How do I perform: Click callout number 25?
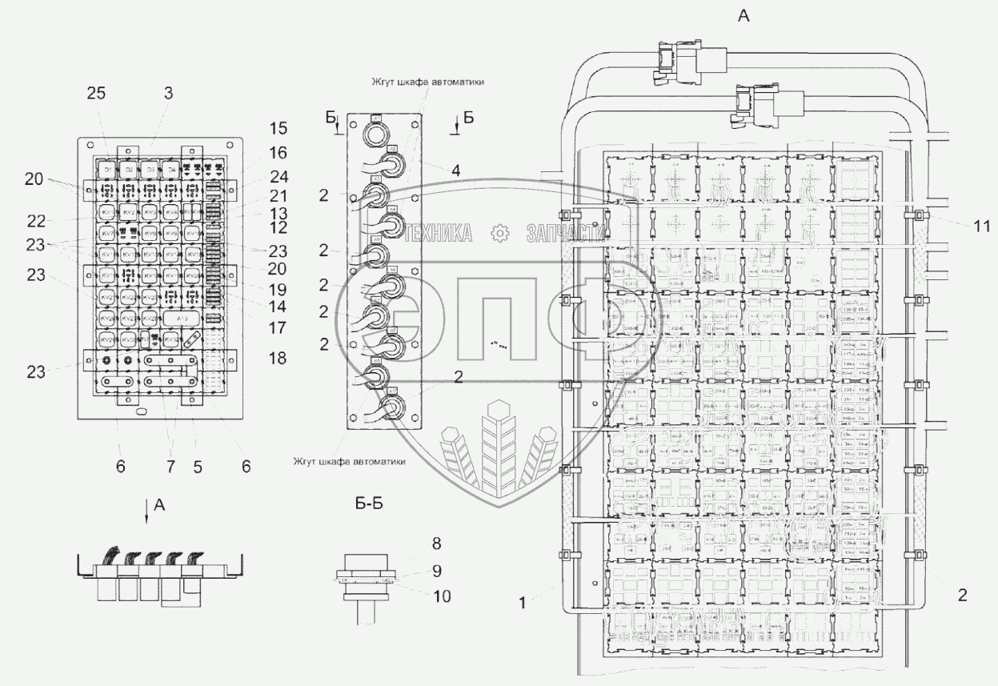click(96, 94)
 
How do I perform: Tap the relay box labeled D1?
click(108, 170)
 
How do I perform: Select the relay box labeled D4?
click(170, 170)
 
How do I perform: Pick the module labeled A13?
click(183, 318)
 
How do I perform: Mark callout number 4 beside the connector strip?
click(455, 170)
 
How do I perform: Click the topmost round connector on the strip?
click(376, 133)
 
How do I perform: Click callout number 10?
click(441, 596)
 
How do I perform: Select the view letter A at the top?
click(743, 16)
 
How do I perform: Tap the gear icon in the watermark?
click(499, 233)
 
